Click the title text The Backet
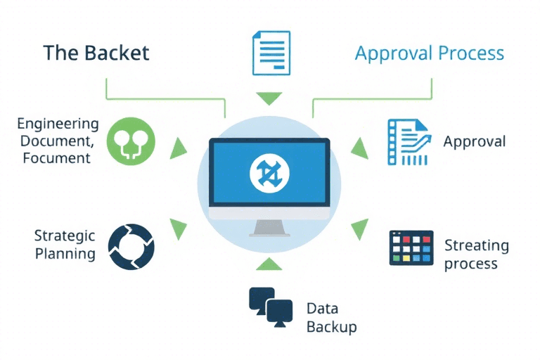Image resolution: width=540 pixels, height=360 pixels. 96,53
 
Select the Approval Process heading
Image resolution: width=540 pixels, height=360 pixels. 430,53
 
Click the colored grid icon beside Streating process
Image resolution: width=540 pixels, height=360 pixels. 411,247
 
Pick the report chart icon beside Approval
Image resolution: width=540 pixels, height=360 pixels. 408,142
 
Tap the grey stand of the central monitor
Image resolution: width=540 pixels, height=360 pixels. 270,227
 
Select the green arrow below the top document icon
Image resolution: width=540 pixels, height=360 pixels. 269,97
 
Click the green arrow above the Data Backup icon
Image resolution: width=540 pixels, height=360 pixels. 269,264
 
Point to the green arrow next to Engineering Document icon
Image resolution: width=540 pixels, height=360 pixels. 180,147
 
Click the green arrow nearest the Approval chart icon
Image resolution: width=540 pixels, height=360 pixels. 360,147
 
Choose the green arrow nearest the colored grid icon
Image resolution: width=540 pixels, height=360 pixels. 360,228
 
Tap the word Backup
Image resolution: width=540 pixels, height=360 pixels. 332,327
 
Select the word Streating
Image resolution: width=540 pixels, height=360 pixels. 476,246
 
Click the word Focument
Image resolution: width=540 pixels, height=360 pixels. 56,157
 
